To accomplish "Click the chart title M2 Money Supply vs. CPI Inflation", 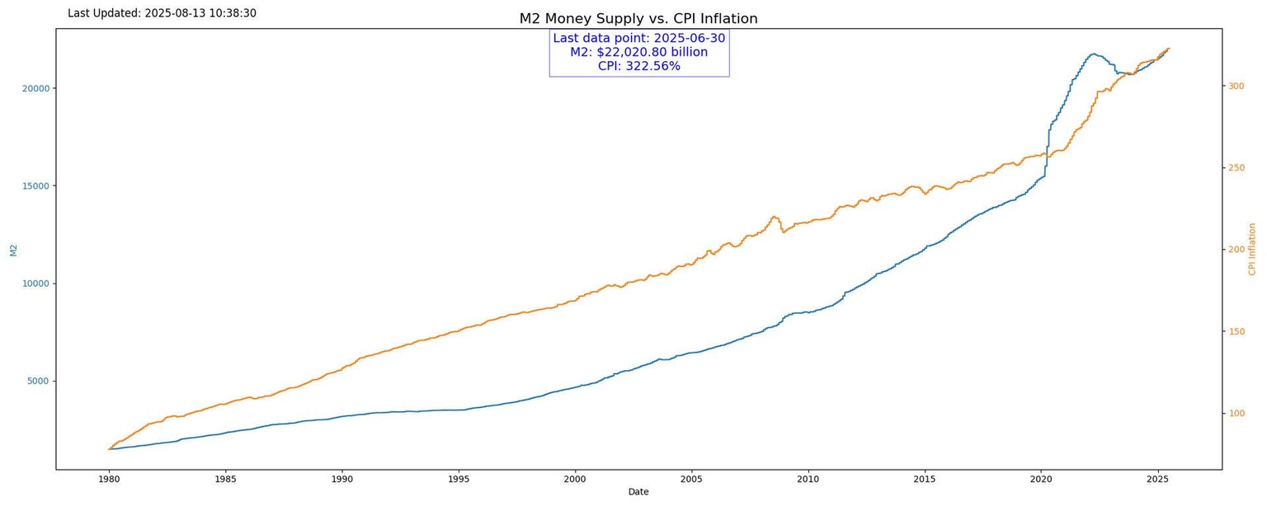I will pyautogui.click(x=638, y=19).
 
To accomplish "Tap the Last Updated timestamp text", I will pyautogui.click(x=162, y=13).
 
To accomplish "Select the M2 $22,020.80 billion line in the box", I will pyautogui.click(x=638, y=52).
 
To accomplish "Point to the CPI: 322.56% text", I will pyautogui.click(x=638, y=66).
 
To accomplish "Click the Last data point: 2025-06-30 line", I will pyautogui.click(x=638, y=38).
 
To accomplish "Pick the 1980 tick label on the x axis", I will pyautogui.click(x=109, y=479).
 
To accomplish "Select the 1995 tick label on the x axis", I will pyautogui.click(x=459, y=479).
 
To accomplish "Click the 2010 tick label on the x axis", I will pyautogui.click(x=808, y=479).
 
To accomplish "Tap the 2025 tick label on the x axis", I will pyautogui.click(x=1157, y=479).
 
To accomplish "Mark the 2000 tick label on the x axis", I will pyautogui.click(x=575, y=479).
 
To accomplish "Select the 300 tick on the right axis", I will pyautogui.click(x=1236, y=86).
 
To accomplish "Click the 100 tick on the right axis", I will pyautogui.click(x=1236, y=413).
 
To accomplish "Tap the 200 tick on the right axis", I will pyautogui.click(x=1236, y=249).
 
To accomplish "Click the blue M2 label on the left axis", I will pyautogui.click(x=13, y=250).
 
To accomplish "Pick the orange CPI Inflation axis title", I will pyautogui.click(x=1252, y=249).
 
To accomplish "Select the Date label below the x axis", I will pyautogui.click(x=638, y=492).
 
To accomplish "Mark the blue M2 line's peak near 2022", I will pyautogui.click(x=1094, y=54).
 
